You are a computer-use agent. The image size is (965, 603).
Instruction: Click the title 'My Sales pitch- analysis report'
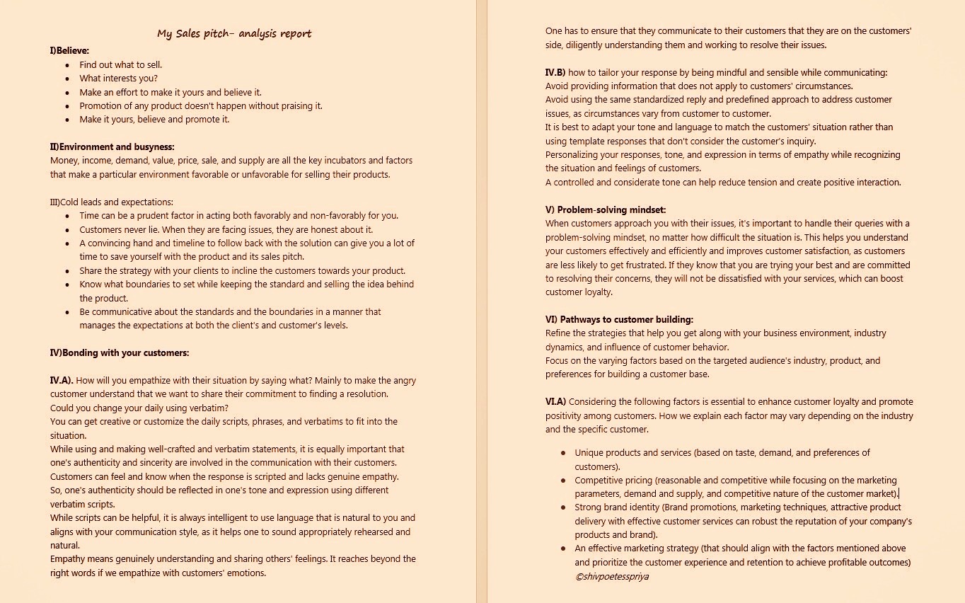[x=234, y=33]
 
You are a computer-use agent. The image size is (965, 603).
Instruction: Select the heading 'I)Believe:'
[x=69, y=51]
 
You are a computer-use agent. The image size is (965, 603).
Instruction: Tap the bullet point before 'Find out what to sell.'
[x=67, y=65]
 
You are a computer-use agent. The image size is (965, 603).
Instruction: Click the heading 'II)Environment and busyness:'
[x=112, y=147]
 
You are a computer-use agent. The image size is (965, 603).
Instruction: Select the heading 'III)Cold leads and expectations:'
[x=111, y=202]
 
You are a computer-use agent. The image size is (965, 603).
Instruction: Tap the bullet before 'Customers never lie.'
[x=67, y=230]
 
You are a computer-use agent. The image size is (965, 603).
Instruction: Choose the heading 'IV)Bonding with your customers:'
[x=119, y=353]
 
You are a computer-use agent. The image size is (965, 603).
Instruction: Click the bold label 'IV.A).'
[x=62, y=381]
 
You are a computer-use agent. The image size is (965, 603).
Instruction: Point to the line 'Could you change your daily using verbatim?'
[x=139, y=408]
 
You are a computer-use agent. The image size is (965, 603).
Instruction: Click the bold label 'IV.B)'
[x=555, y=72]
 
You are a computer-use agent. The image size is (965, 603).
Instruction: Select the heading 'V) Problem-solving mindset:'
[x=606, y=210]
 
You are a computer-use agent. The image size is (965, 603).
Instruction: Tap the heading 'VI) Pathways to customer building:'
[x=619, y=320]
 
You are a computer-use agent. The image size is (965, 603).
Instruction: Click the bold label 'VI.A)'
[x=555, y=402]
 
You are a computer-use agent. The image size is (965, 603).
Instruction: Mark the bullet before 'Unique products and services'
[x=563, y=453]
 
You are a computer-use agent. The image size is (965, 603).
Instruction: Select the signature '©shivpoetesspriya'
[x=612, y=577]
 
